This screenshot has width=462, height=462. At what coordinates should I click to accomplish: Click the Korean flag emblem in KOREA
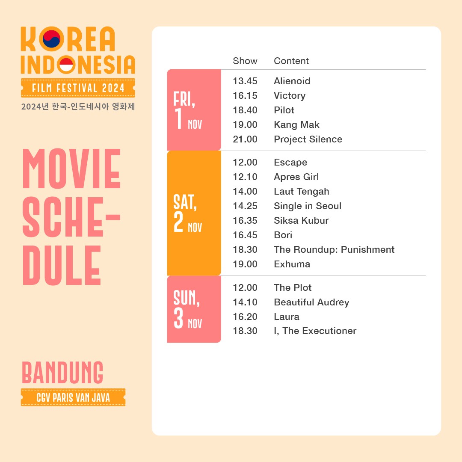tap(52, 39)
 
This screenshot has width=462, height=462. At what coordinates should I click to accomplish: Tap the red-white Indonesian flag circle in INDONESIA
tap(66, 65)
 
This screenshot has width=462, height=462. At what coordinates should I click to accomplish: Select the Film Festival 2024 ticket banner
tap(78, 88)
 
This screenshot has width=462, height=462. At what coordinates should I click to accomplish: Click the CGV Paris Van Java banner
tap(73, 397)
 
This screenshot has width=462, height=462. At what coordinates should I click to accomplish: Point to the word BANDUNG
tap(62, 373)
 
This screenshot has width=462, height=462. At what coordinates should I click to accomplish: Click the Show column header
tap(245, 61)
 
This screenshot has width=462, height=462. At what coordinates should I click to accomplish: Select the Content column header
tap(291, 61)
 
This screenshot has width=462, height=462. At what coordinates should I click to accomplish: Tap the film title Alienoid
tap(292, 81)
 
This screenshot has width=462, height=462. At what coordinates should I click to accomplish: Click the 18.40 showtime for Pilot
tap(245, 110)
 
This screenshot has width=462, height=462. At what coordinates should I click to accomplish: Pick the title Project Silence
tap(308, 139)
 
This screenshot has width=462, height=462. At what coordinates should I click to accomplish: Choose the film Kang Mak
tap(296, 125)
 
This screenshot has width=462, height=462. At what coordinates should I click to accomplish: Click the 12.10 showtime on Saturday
tap(245, 177)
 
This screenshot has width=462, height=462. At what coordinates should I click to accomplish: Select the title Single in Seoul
tap(307, 206)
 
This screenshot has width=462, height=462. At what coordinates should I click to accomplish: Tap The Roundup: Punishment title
tap(334, 249)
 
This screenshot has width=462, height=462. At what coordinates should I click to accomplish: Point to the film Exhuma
tap(292, 264)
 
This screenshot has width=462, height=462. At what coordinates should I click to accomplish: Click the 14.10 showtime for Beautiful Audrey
tap(245, 302)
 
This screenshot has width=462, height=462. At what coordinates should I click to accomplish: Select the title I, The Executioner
tap(315, 331)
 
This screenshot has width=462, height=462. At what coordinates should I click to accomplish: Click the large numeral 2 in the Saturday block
tap(178, 222)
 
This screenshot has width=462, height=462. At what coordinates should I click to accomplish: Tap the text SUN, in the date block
tap(186, 298)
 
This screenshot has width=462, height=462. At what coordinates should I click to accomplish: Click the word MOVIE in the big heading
tap(71, 169)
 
